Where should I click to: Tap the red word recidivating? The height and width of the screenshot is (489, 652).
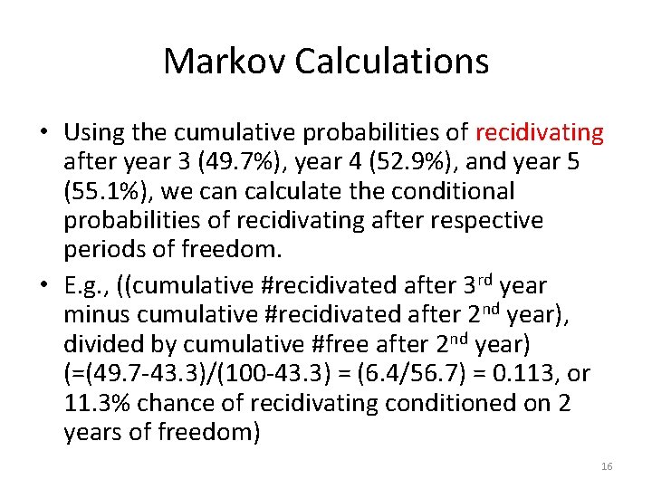(539, 133)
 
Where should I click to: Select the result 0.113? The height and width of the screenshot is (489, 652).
(532, 373)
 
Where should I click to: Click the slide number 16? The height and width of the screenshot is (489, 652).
(606, 466)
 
